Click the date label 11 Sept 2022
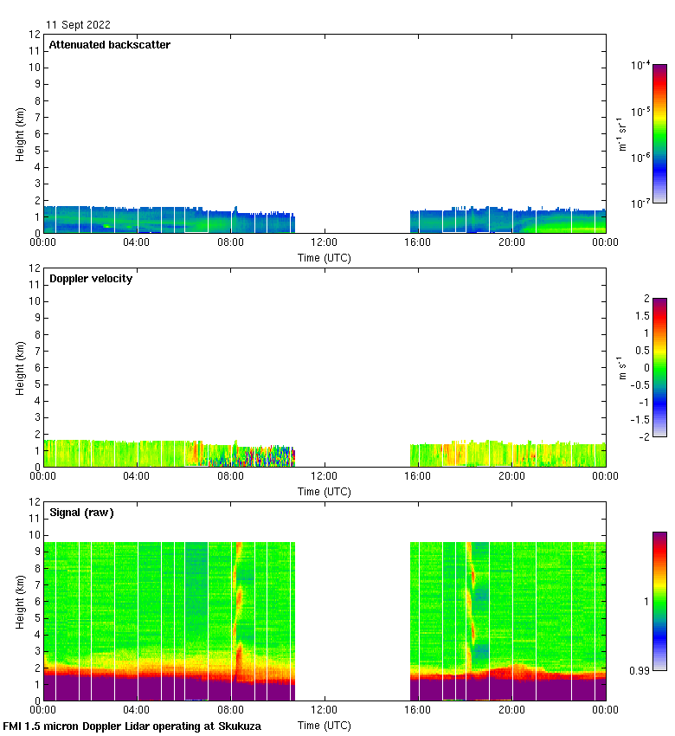(x=78, y=25)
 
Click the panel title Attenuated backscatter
(x=109, y=45)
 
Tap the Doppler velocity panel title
(x=91, y=279)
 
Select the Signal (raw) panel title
(x=81, y=513)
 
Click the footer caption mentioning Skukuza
(x=132, y=726)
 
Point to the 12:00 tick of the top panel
(x=325, y=242)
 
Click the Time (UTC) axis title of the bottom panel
(x=325, y=725)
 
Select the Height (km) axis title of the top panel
(x=20, y=133)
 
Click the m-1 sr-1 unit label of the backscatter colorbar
(x=620, y=134)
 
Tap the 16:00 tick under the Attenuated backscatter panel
(x=418, y=242)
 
